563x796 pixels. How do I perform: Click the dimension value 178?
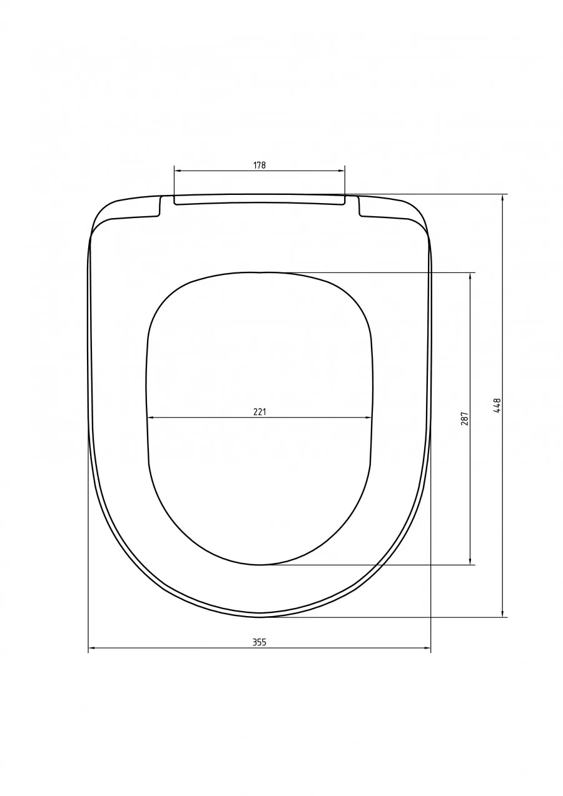pyautogui.click(x=260, y=165)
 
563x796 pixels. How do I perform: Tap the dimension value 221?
pyautogui.click(x=260, y=412)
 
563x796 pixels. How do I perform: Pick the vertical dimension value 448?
pyautogui.click(x=497, y=405)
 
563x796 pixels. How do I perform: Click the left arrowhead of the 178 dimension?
pyautogui.click(x=178, y=171)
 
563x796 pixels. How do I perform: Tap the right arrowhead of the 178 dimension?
pyautogui.click(x=342, y=171)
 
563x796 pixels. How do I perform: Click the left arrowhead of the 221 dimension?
pyautogui.click(x=151, y=417)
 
